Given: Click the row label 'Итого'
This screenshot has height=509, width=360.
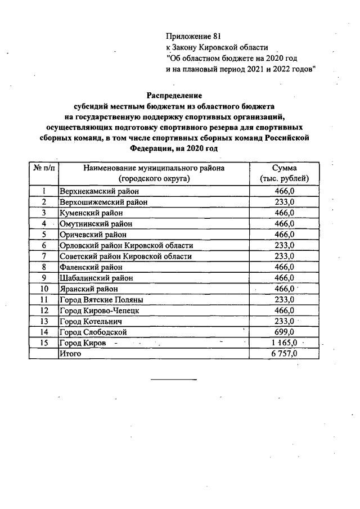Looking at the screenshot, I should click(x=70, y=353).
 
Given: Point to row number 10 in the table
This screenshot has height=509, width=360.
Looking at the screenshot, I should click(x=44, y=289).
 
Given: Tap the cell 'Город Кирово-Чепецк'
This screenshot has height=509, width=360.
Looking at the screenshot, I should click(x=98, y=310).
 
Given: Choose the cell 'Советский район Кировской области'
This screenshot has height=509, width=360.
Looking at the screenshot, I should click(x=125, y=256).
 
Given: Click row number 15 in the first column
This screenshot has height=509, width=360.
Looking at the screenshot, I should click(x=44, y=343).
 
